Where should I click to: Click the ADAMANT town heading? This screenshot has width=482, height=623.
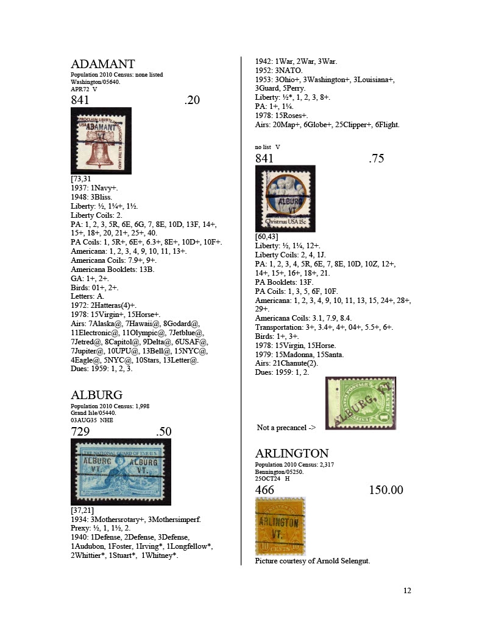pyautogui.click(x=103, y=64)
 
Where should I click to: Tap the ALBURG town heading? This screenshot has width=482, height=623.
pyautogui.click(x=97, y=395)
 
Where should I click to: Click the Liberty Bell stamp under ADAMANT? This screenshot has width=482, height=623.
pyautogui.click(x=101, y=141)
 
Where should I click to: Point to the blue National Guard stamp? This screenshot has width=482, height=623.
pyautogui.click(x=121, y=472)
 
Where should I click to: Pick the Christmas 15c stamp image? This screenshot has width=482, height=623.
pyautogui.click(x=285, y=198)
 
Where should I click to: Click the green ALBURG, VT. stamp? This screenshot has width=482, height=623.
pyautogui.click(x=361, y=403)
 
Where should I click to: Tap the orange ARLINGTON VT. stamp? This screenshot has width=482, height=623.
pyautogui.click(x=280, y=525)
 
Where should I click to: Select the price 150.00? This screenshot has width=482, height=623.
pyautogui.click(x=386, y=490)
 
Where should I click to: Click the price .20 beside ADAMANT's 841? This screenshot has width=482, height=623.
pyautogui.click(x=192, y=100)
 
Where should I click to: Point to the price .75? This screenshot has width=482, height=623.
pyautogui.click(x=377, y=159)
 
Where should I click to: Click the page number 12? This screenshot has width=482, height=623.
pyautogui.click(x=407, y=590)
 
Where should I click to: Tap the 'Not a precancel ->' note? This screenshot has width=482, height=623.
pyautogui.click(x=286, y=428)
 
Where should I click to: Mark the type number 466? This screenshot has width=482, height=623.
pyautogui.click(x=264, y=490)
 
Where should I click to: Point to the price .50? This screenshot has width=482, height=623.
pyautogui.click(x=163, y=432)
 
